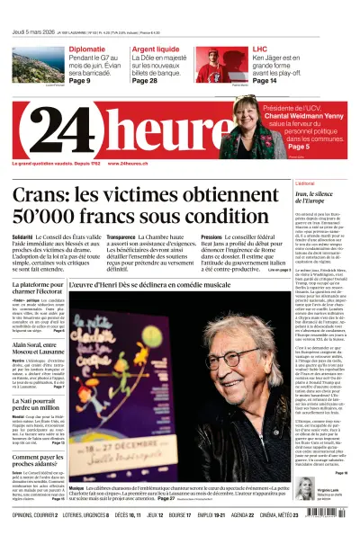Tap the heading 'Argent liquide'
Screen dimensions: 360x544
[156, 49]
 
